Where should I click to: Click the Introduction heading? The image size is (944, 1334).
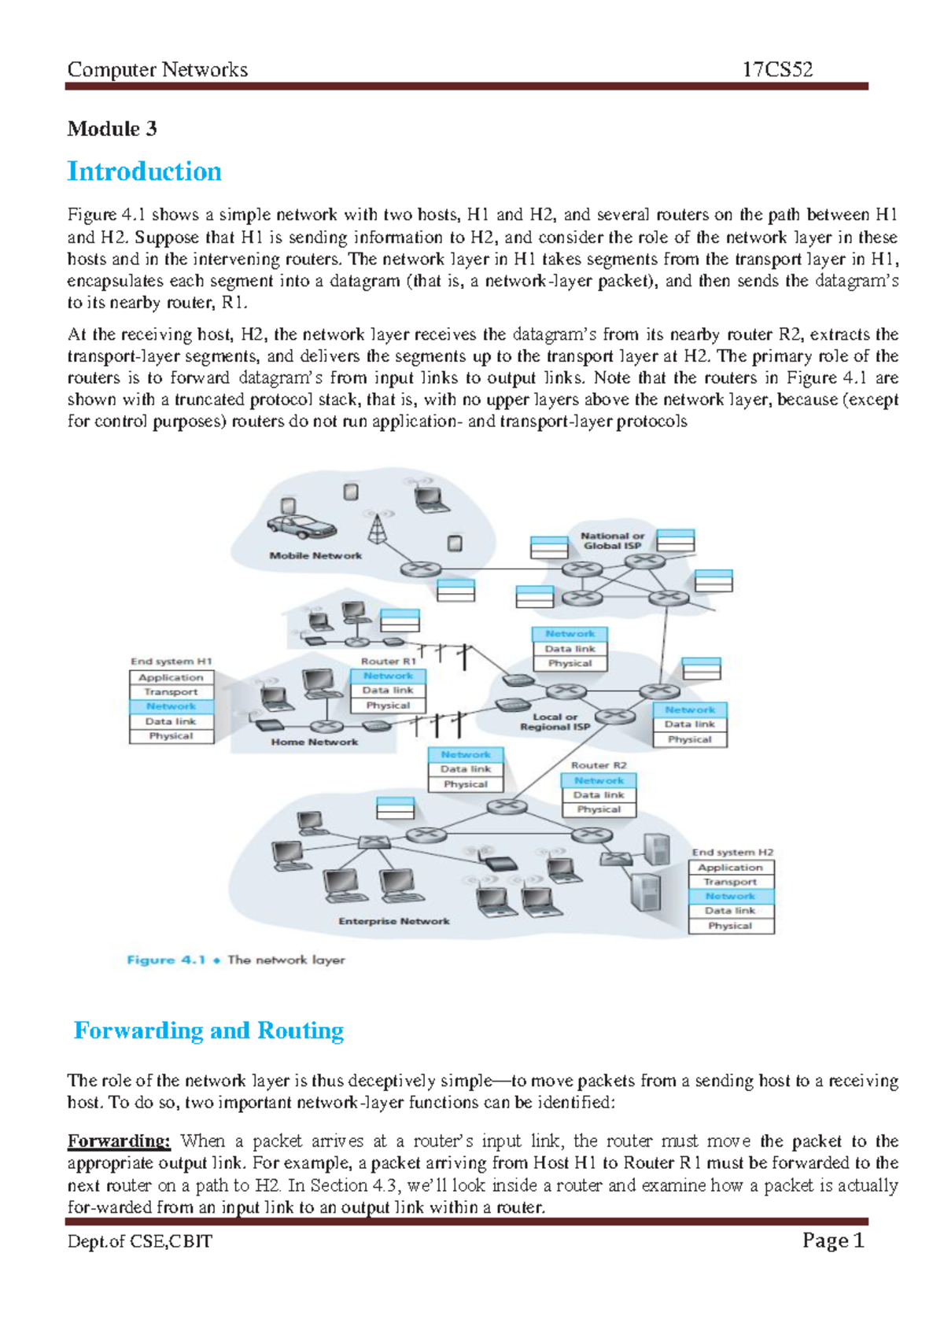tap(145, 171)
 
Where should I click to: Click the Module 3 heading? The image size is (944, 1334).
tap(112, 129)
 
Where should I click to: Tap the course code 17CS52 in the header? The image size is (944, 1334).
tap(777, 70)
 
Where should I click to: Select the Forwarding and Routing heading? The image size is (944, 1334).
tap(208, 1030)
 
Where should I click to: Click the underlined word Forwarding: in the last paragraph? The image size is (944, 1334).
tap(119, 1141)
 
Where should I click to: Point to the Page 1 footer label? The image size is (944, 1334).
tap(833, 1240)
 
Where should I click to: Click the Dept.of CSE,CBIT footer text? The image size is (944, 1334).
tap(139, 1241)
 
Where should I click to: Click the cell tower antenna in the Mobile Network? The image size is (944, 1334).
tap(379, 526)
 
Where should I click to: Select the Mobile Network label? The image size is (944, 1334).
tap(315, 555)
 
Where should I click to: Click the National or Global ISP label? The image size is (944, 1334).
tap(612, 540)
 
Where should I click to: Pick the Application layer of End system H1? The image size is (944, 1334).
tap(171, 677)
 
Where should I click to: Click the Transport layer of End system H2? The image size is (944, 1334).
tap(730, 882)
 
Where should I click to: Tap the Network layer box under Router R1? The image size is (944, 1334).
tap(388, 676)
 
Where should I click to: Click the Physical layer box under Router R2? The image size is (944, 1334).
tap(599, 809)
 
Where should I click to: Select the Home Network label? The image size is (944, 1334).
tap(314, 742)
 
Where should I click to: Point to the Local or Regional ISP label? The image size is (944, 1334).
tap(555, 721)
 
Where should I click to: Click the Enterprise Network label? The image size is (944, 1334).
tap(394, 921)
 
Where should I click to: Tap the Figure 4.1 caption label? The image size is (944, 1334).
tap(166, 960)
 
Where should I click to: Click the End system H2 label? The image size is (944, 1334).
tap(732, 852)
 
